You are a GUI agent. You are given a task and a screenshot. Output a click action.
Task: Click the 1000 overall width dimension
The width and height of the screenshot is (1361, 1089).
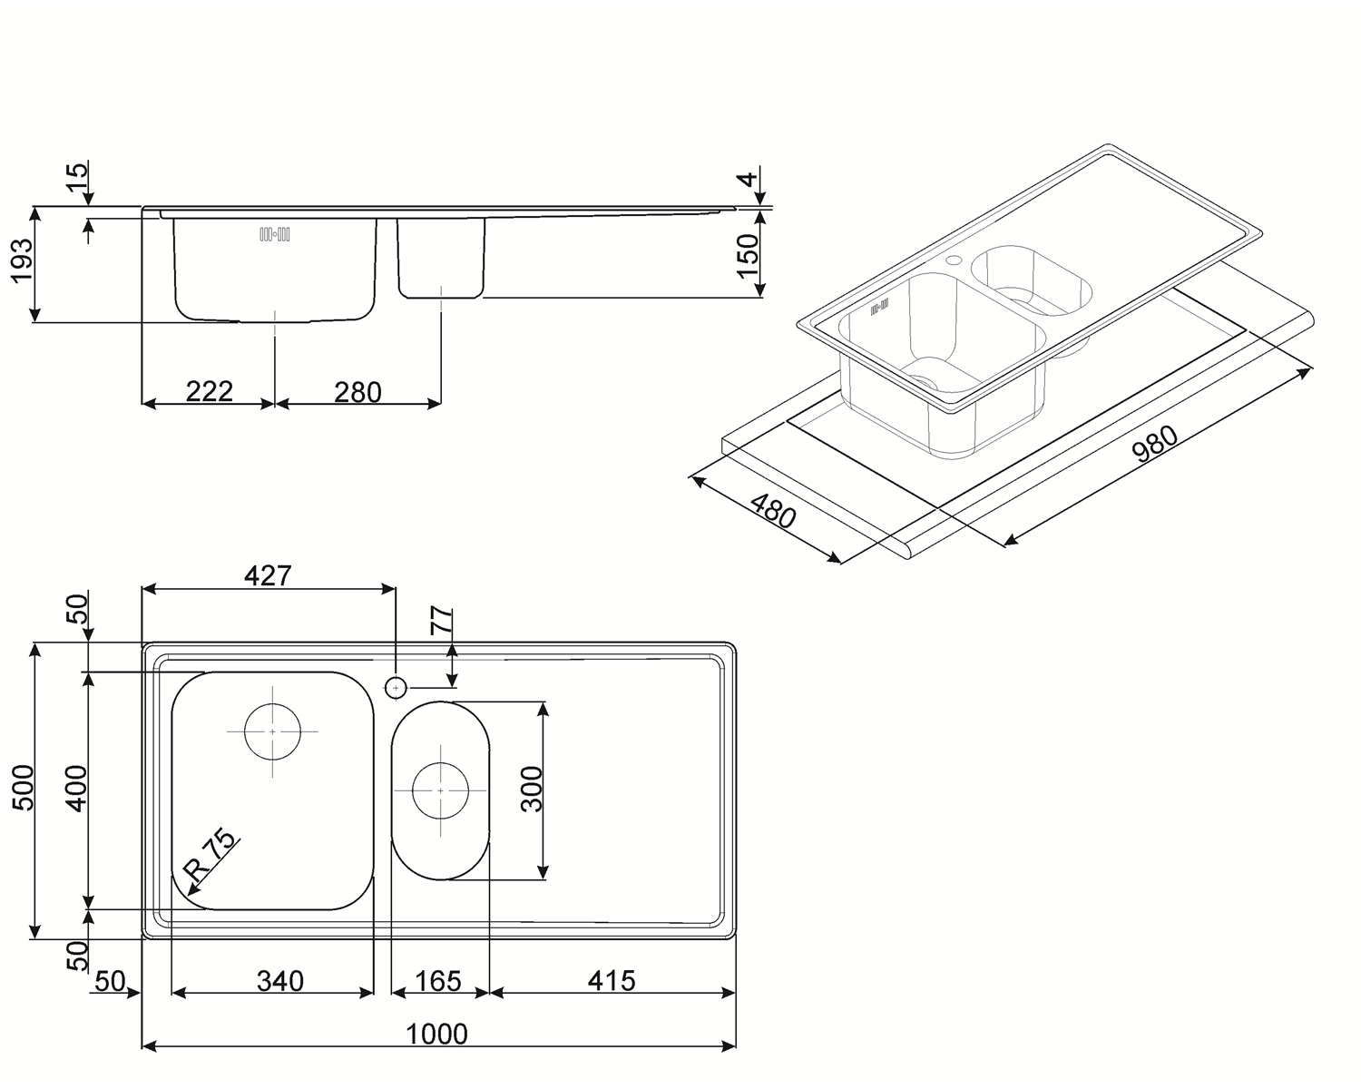coord(436,1034)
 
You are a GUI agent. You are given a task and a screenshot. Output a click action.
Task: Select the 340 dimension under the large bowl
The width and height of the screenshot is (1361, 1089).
coord(280,981)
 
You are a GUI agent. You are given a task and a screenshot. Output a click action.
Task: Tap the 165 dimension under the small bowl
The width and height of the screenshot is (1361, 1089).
coord(438,981)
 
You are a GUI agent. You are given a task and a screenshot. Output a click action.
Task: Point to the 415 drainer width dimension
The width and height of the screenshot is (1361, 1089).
coord(611,981)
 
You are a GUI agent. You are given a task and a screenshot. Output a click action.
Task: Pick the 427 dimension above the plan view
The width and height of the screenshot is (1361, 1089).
coord(269,576)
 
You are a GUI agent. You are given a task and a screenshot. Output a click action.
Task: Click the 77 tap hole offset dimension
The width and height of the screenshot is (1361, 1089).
coord(442,621)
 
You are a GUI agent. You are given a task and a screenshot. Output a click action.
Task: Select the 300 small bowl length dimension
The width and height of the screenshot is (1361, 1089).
coord(532,789)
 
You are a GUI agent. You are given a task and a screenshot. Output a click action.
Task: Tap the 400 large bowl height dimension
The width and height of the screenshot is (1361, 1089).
coord(77,789)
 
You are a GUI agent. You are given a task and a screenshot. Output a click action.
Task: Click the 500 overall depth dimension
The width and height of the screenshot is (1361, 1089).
coord(24,788)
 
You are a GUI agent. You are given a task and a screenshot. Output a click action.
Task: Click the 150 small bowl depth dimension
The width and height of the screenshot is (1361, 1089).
coord(748,256)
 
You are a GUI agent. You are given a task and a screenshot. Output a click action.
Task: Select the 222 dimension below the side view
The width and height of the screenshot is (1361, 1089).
coord(210,392)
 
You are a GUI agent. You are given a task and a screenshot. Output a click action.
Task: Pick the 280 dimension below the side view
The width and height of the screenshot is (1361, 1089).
coord(358,392)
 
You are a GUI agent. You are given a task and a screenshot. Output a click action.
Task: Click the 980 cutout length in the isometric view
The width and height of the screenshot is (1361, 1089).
coord(1155,444)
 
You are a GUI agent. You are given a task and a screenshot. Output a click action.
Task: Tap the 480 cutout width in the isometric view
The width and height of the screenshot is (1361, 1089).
coord(773,511)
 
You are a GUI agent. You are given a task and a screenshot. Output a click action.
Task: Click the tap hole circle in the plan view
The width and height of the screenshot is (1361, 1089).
coord(396,688)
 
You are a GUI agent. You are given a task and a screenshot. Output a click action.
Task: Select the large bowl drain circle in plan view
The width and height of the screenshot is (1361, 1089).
coord(272,731)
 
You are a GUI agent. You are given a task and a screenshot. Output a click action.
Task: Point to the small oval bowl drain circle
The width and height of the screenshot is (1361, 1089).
coord(440,791)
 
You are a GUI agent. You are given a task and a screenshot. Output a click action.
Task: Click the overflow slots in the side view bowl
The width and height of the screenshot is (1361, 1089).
coord(275,234)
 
